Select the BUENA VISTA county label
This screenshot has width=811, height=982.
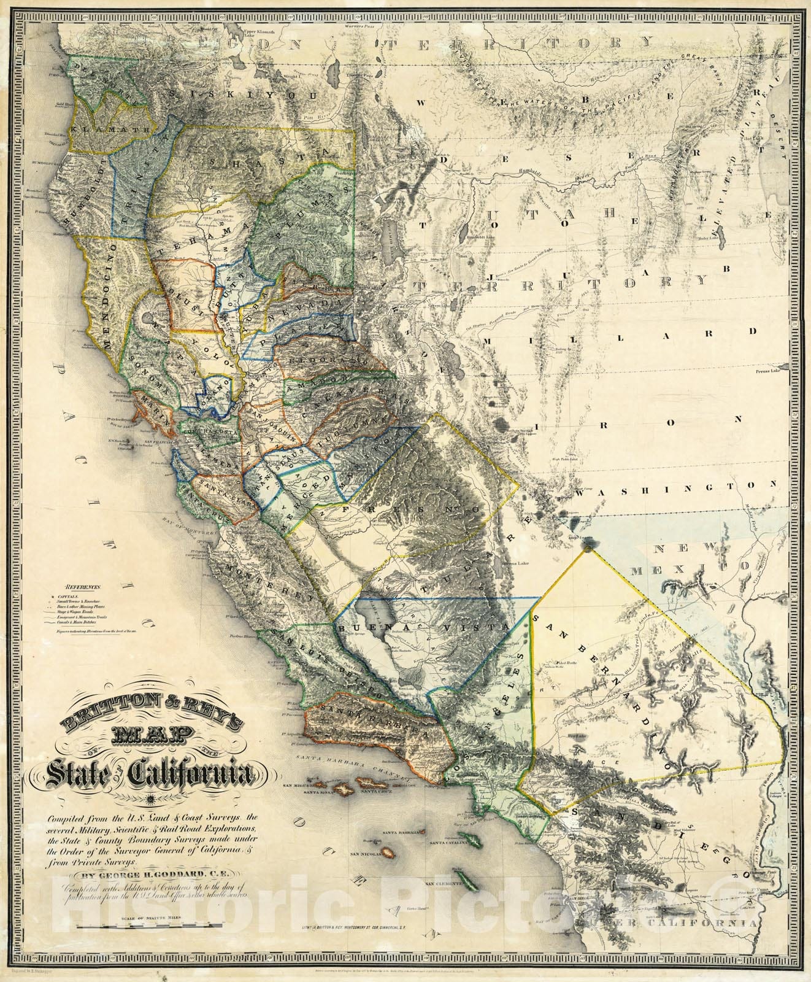423,627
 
